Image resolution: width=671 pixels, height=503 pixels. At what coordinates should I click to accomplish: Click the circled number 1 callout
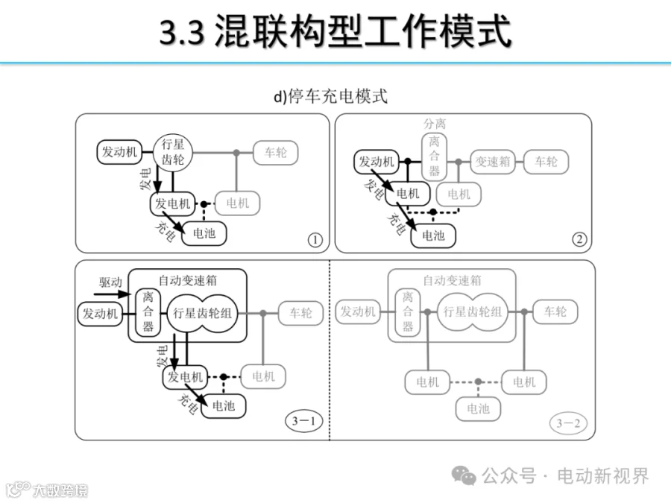tap(315, 240)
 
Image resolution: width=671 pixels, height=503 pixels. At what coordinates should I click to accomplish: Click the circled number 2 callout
tap(579, 239)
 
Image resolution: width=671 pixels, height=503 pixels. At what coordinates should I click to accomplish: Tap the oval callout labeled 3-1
tap(303, 421)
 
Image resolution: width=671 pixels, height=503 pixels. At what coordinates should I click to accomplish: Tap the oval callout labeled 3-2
tap(568, 423)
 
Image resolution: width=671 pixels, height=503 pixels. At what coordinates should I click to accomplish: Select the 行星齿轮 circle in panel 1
tap(172, 152)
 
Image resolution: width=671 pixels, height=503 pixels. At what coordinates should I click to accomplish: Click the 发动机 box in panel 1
tap(119, 152)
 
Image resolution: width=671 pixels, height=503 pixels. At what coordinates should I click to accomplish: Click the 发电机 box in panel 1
tap(172, 203)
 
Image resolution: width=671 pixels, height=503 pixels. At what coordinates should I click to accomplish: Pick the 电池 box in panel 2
tap(433, 235)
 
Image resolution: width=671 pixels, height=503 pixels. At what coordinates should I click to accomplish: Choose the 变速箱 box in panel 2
tap(493, 162)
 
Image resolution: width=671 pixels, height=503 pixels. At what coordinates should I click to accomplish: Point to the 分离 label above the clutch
tap(435, 124)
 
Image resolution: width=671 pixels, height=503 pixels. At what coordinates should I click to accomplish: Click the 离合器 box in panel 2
tap(434, 156)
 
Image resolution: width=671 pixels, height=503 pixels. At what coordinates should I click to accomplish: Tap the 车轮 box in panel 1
tap(276, 153)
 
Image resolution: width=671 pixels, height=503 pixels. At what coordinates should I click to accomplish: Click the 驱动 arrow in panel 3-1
tap(112, 294)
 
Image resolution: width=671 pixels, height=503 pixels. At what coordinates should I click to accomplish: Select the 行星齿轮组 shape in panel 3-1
tap(202, 313)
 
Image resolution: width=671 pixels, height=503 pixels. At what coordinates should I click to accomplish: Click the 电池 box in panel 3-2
tap(478, 409)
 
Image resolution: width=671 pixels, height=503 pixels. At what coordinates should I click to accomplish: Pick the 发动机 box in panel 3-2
tap(358, 311)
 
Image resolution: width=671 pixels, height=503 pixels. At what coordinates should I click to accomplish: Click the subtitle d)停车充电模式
tap(331, 96)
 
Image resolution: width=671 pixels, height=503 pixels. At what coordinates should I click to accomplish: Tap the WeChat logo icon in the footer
tap(464, 475)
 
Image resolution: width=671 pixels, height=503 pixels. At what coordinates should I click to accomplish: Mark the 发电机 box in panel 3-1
tap(185, 377)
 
